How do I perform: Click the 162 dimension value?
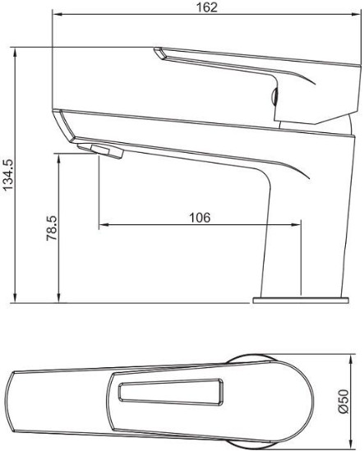(x=206, y=7)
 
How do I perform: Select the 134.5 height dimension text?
(x=8, y=175)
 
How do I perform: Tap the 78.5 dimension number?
(x=52, y=228)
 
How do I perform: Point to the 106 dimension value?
(x=200, y=218)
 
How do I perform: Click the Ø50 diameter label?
(x=343, y=401)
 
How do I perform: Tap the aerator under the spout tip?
(x=100, y=151)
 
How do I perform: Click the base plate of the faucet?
(x=301, y=301)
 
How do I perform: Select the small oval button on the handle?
(x=274, y=96)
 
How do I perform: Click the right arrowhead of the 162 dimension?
(x=357, y=14)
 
